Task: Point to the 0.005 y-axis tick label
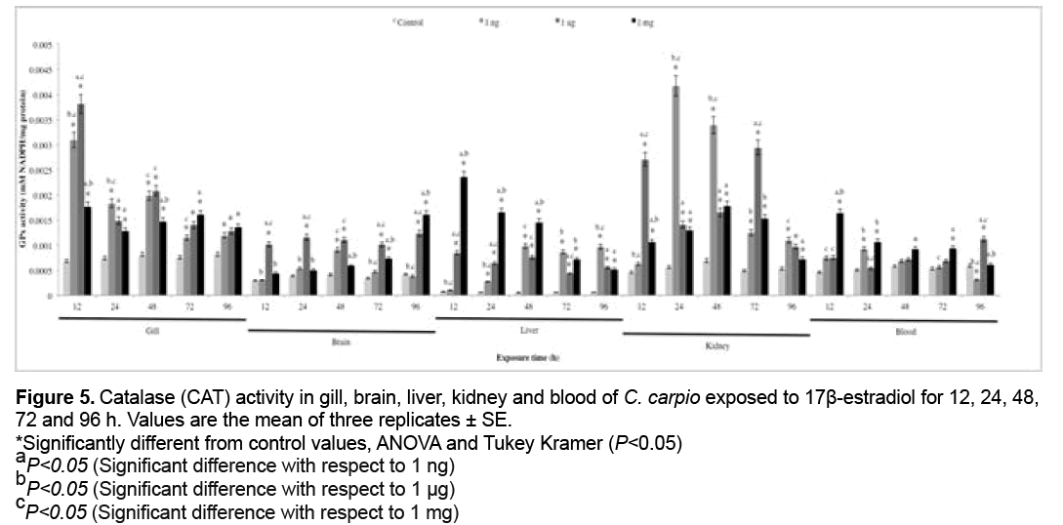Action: coord(40,45)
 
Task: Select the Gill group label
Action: coord(151,329)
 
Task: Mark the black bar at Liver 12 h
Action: coord(464,235)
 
